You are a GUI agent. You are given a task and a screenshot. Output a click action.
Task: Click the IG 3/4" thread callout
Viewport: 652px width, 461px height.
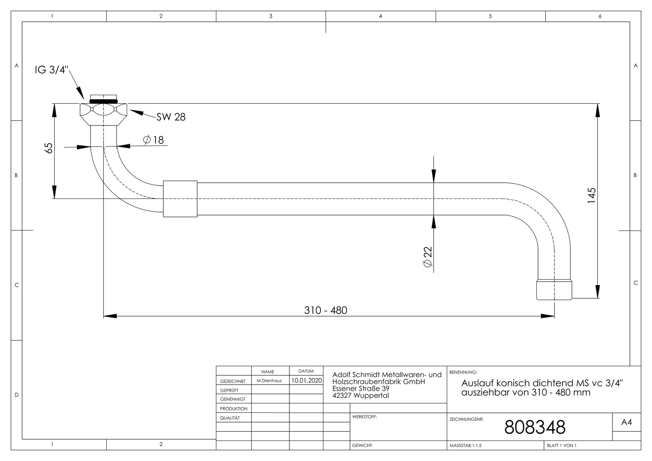coord(52,70)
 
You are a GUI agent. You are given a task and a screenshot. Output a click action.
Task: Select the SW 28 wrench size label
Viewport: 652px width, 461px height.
coord(171,117)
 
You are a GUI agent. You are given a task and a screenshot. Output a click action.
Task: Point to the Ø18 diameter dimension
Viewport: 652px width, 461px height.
coord(153,140)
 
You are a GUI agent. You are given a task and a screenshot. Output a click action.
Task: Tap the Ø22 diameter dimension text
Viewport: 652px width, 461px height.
coord(427,257)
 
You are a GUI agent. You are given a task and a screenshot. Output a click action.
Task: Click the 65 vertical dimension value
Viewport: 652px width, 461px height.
coord(49,148)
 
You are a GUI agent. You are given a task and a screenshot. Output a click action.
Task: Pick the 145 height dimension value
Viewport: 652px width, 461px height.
coord(591,195)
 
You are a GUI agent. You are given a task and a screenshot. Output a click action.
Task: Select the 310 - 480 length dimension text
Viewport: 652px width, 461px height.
coord(326,310)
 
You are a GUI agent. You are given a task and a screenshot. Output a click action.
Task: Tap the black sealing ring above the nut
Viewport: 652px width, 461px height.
coord(103,101)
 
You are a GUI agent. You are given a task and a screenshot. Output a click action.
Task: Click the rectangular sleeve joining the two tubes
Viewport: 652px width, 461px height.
coord(180,199)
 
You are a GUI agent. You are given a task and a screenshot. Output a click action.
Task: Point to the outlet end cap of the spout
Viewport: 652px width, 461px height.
coord(554,290)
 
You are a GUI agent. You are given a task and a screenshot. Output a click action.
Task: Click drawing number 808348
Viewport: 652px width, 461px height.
coord(535,427)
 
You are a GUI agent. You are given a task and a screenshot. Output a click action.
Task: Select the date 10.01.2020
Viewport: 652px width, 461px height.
coord(306,380)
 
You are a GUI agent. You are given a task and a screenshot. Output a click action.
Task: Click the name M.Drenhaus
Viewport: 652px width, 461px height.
coord(269,381)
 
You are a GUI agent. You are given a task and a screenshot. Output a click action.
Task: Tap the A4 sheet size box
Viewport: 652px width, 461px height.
coord(626,422)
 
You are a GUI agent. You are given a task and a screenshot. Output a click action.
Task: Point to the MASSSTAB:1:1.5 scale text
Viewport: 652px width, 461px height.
coord(466,446)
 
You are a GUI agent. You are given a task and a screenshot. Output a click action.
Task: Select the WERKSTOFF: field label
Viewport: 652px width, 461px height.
coord(364,417)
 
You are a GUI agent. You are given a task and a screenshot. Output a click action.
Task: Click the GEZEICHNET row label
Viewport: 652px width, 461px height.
coord(233,381)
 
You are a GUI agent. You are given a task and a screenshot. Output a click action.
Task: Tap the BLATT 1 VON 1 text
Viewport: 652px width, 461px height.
coord(562,446)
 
